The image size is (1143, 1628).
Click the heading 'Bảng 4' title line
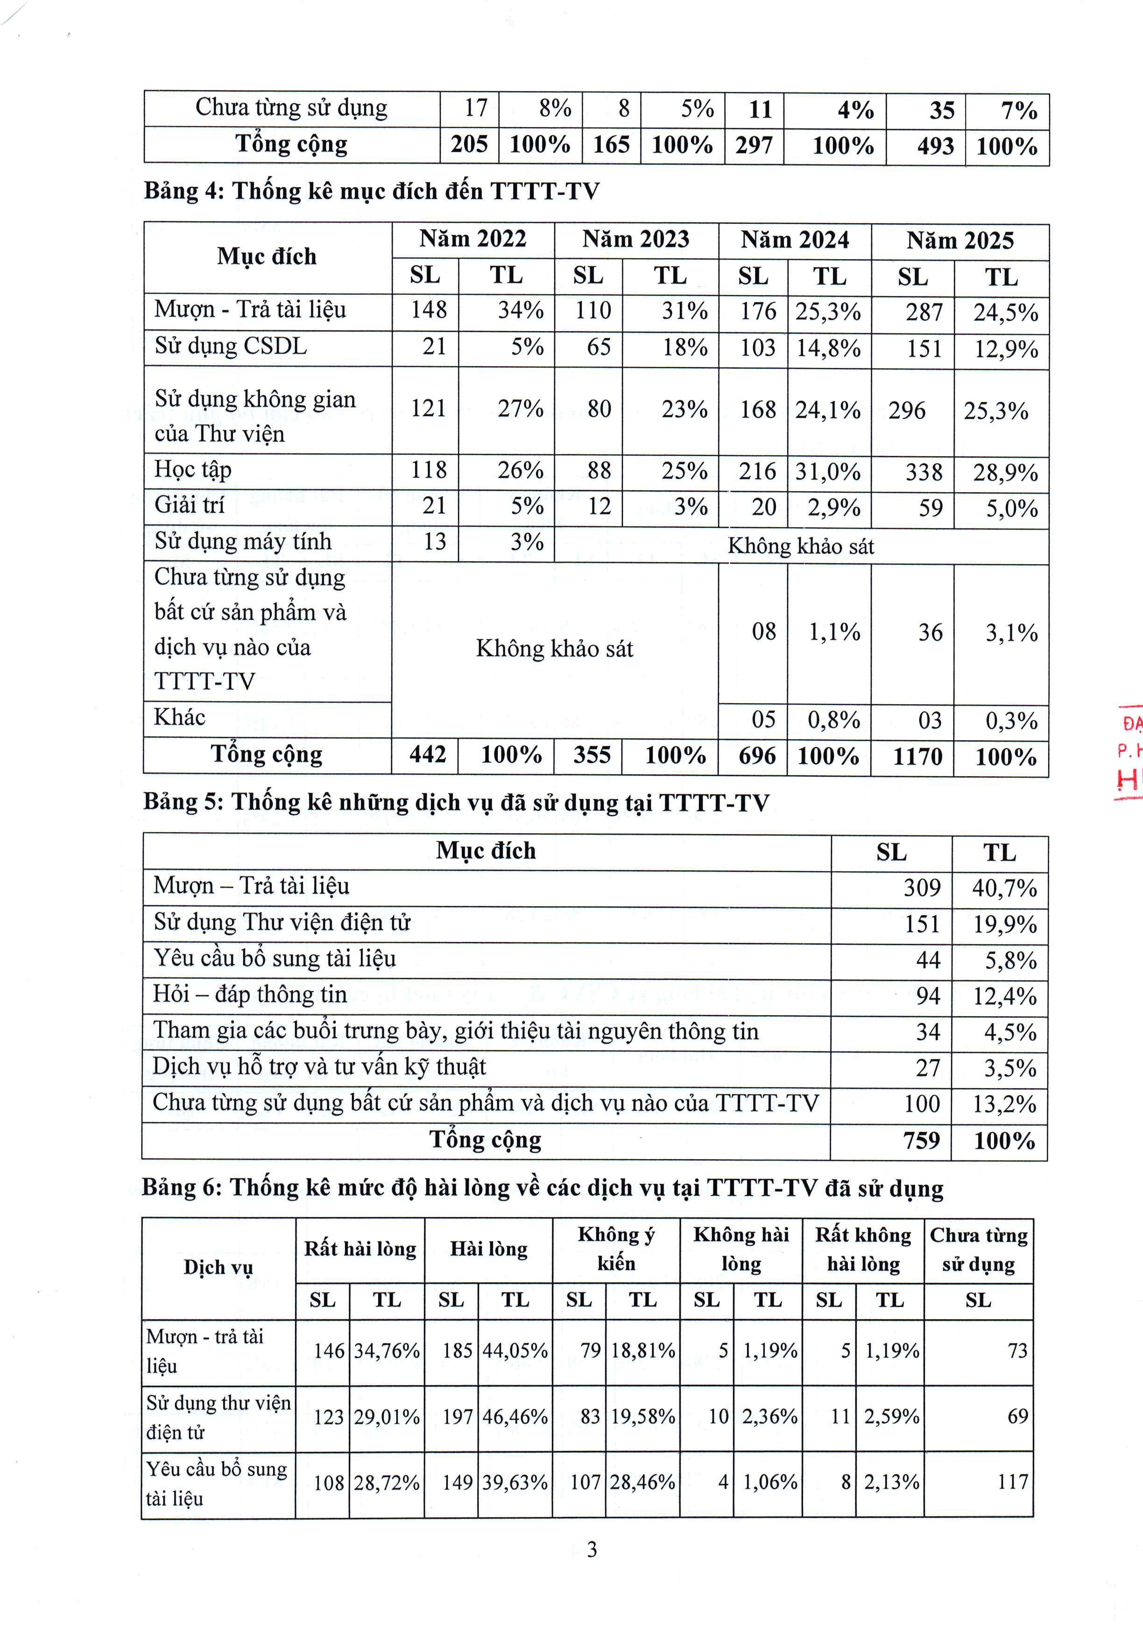point(372,191)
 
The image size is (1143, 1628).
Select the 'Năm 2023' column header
point(635,240)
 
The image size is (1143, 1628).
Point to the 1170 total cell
point(917,757)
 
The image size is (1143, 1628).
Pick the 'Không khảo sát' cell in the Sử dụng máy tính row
point(801,546)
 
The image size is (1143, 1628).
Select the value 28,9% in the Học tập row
point(1005,472)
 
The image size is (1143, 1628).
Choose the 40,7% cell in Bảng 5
point(1004,888)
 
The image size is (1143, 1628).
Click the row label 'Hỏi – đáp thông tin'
point(250,995)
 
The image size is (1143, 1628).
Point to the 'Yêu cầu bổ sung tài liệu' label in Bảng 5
point(275,959)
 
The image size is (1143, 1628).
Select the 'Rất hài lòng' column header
point(360,1249)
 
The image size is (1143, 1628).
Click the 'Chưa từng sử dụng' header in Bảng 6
point(979,1249)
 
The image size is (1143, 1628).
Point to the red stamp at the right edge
point(1129,751)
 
